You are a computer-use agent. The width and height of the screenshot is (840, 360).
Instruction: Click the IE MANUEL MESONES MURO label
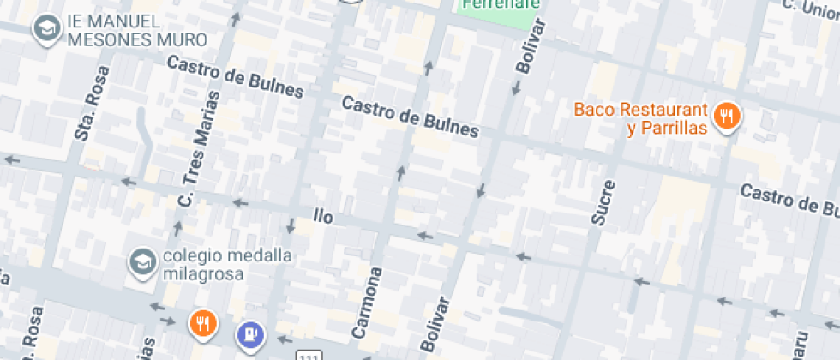[137, 30]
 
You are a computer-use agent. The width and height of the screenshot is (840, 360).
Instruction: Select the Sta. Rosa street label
[88, 115]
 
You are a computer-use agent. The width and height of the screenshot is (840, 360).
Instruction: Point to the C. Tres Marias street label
[198, 149]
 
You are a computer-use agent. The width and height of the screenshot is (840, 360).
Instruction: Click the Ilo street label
[322, 216]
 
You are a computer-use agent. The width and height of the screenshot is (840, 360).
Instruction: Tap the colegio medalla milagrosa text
[204, 265]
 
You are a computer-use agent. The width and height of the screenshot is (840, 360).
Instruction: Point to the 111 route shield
[309, 354]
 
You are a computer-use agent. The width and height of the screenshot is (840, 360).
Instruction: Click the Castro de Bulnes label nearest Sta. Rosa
[236, 76]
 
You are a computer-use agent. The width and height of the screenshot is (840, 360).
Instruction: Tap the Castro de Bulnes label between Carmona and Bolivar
[410, 116]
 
